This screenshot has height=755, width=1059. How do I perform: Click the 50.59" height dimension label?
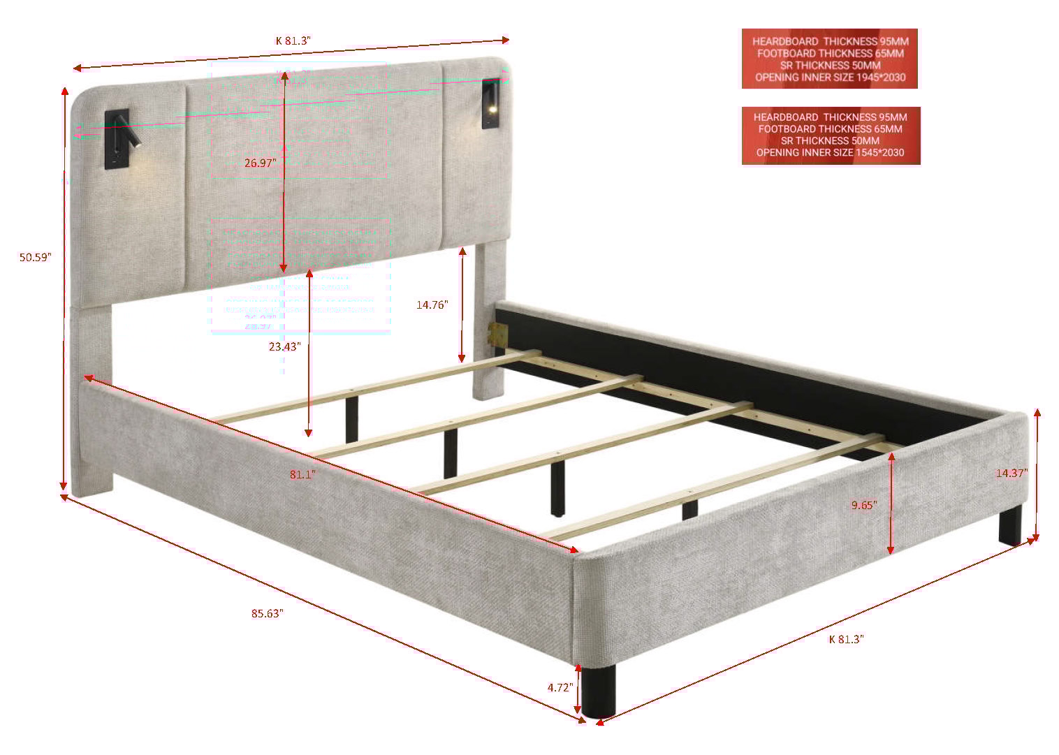(36, 257)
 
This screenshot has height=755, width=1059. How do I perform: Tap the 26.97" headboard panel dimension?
(260, 163)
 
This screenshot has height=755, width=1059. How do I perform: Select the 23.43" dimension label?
(284, 347)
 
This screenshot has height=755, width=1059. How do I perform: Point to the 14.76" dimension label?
(432, 305)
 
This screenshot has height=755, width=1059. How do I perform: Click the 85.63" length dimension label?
(267, 614)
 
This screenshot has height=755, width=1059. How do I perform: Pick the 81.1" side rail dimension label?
(302, 475)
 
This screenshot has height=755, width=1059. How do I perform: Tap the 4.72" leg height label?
(560, 687)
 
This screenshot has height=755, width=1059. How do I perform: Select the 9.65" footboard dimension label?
(864, 505)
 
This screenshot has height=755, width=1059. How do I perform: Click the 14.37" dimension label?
(1011, 473)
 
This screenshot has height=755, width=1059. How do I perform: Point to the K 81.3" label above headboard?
(293, 41)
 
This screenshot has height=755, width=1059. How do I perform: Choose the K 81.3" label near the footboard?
(846, 639)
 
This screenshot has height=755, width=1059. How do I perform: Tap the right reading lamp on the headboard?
(491, 103)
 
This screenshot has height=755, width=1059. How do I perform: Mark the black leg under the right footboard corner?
(1009, 525)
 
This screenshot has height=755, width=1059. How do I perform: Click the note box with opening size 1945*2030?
(829, 59)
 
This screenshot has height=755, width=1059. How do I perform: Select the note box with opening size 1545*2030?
(831, 135)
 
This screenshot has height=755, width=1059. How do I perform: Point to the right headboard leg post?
(488, 328)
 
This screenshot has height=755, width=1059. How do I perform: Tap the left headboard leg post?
(94, 398)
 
